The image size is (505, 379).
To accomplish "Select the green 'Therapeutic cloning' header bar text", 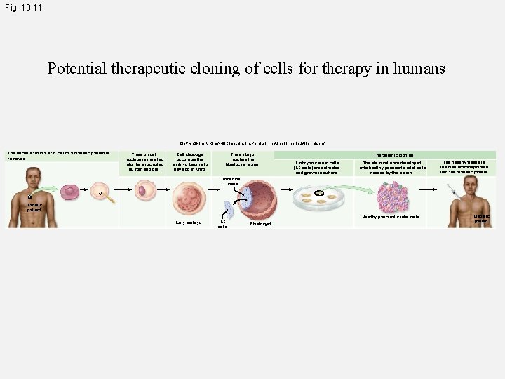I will click(393, 154).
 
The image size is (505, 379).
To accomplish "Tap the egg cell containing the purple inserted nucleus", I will click(145, 190).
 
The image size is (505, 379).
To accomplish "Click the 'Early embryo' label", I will click(189, 222).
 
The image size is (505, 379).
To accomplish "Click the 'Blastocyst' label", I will click(260, 224).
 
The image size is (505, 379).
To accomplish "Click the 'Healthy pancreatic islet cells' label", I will click(391, 217).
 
